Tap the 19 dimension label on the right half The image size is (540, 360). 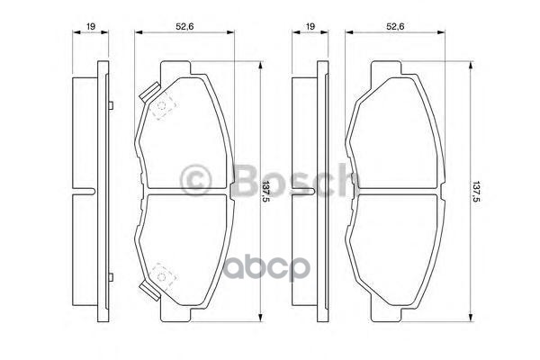pyautogui.click(x=309, y=28)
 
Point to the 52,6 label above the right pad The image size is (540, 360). pyautogui.click(x=393, y=28)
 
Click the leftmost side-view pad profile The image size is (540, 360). pyautogui.click(x=87, y=192)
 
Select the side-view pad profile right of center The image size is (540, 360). pyautogui.click(x=308, y=192)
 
